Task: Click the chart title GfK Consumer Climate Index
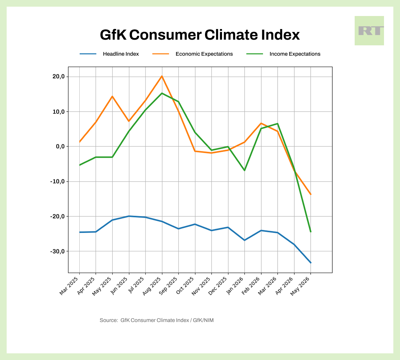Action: coord(200,35)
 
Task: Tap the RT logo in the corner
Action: coord(369,31)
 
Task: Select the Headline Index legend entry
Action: coord(121,54)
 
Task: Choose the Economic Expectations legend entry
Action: coord(204,54)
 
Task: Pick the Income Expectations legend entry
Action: coord(295,54)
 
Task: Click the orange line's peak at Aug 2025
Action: coord(162,76)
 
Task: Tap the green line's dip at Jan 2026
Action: coord(245,170)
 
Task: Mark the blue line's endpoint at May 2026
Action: coord(311,263)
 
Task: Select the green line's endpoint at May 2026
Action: coord(311,232)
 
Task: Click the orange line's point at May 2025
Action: coord(112,96)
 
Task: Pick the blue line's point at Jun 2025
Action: coord(129,216)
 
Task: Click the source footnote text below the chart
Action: coord(157,320)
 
